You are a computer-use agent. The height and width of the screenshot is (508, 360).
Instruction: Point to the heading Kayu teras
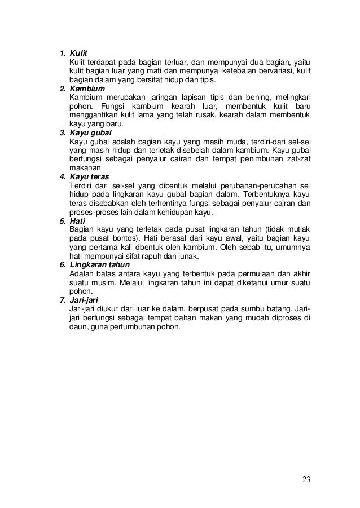[89, 177]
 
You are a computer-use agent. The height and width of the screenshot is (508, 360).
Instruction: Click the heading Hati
[77, 221]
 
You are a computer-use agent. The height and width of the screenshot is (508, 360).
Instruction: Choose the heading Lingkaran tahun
[99, 265]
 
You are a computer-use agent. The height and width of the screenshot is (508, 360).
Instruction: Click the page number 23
[306, 480]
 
